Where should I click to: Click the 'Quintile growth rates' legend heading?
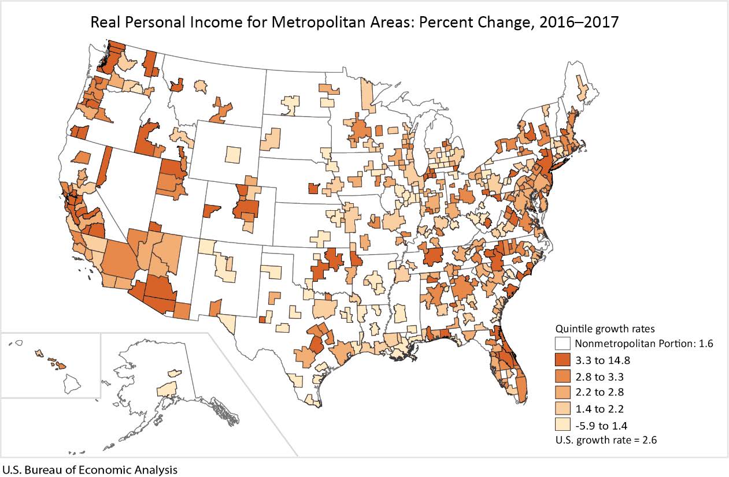pos(605,329)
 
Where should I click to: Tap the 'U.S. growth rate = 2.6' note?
pos(606,440)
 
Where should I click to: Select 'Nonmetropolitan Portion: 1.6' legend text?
pos(644,344)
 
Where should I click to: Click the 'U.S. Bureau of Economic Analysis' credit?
pos(90,469)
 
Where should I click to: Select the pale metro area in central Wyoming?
pos(232,154)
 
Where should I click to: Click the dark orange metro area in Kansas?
pos(313,188)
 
